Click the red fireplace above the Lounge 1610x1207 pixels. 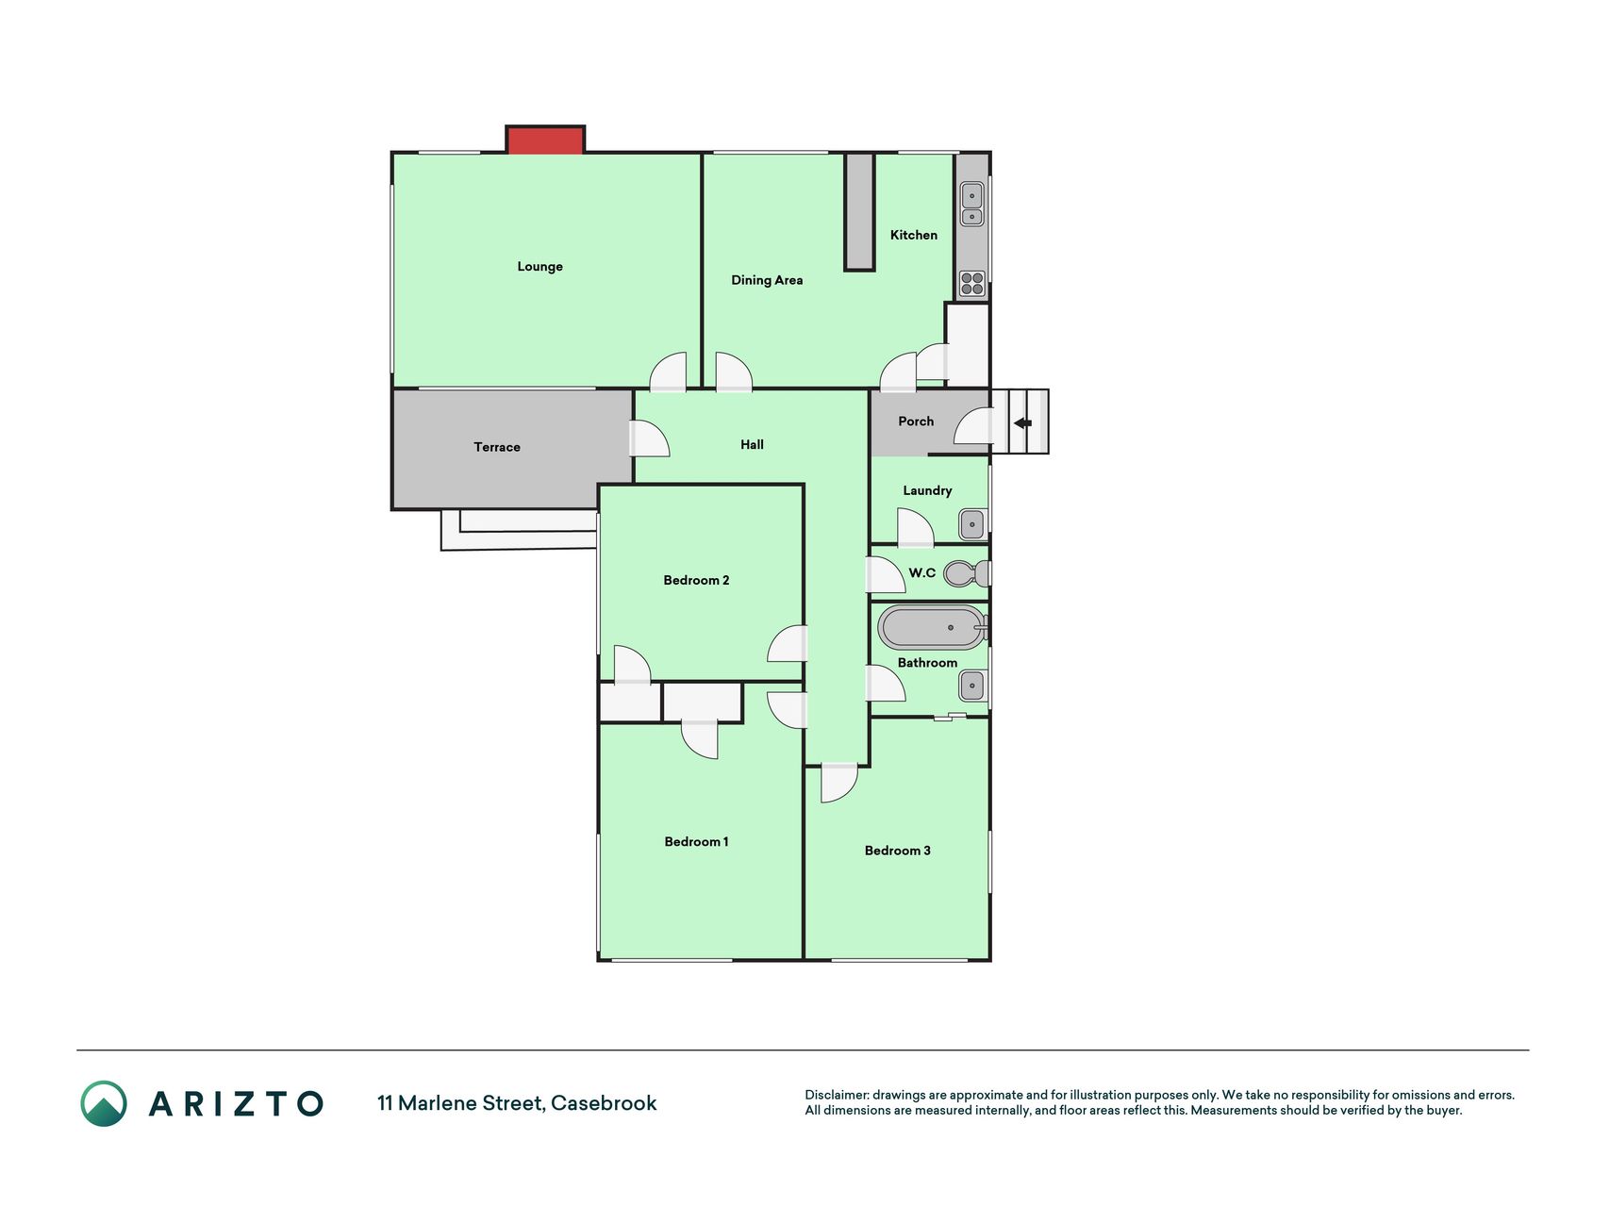545,140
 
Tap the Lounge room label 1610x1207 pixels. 539,267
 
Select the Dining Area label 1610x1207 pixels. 767,280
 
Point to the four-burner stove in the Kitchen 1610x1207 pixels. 971,283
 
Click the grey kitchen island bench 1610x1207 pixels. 859,211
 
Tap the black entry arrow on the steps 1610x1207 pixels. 1022,423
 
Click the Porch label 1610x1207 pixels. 916,422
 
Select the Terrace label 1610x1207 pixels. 497,447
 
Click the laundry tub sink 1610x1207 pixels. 971,524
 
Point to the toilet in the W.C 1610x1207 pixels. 967,572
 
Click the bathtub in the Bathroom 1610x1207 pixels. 932,627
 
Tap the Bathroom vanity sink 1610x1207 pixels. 971,686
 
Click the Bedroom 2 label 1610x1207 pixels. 696,580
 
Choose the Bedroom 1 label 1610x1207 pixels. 696,842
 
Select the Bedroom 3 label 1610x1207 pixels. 897,851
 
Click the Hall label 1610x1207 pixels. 752,445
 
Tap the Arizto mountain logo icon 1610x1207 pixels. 104,1103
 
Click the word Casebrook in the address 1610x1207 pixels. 604,1103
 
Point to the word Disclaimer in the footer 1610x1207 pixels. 837,1095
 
